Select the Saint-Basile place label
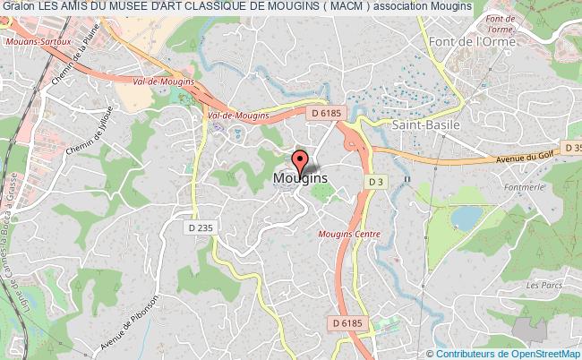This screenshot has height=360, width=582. point(426,125)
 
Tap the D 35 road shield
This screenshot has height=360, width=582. point(573,146)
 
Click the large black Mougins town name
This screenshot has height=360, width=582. point(298,178)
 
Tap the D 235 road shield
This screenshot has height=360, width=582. point(201,228)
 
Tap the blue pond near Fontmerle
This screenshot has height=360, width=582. point(466,218)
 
